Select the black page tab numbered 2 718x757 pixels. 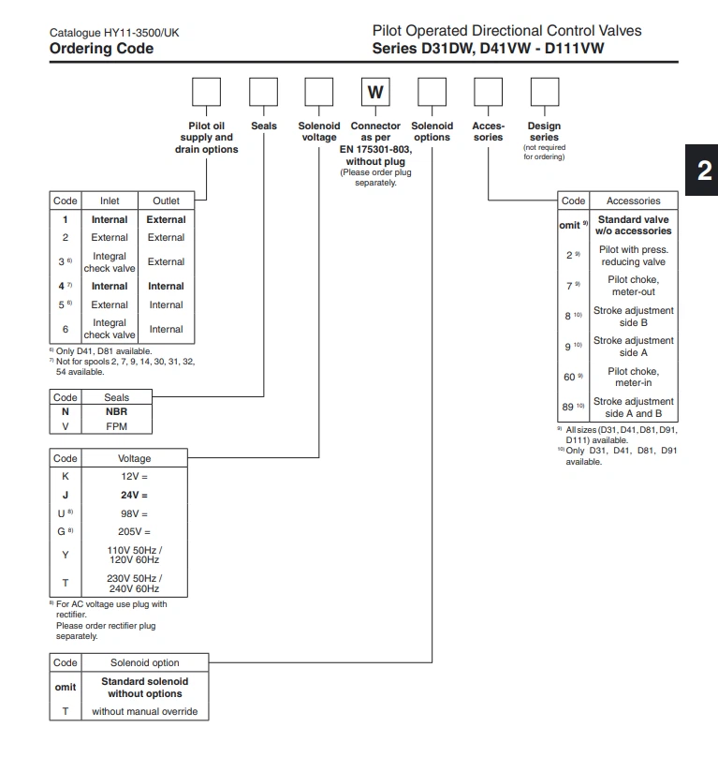[x=703, y=170]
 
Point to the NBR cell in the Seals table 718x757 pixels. [x=117, y=411]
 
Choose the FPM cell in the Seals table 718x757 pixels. [x=117, y=426]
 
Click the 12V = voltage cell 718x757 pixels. [x=133, y=475]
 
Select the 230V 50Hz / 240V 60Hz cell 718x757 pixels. [x=133, y=583]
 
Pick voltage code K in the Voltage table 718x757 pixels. [x=65, y=475]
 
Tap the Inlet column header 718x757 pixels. [x=110, y=200]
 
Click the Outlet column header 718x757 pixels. [x=166, y=200]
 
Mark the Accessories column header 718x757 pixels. [x=633, y=200]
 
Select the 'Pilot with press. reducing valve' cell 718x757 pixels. [x=633, y=256]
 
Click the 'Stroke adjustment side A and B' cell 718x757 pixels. [x=633, y=408]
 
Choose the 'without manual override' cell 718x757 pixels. [x=145, y=711]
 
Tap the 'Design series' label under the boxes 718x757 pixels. [x=544, y=131]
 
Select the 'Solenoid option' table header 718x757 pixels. [x=145, y=662]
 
